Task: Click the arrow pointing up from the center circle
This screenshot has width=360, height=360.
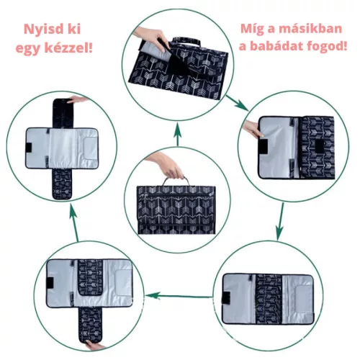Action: (x=177, y=134)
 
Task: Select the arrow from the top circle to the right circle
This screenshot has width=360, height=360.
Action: (x=237, y=103)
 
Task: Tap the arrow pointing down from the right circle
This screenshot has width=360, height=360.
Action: (x=280, y=221)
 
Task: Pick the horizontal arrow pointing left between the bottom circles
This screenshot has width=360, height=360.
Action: (x=179, y=296)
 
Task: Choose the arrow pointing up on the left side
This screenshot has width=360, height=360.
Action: (x=74, y=222)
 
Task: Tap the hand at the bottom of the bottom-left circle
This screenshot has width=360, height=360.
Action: (x=95, y=345)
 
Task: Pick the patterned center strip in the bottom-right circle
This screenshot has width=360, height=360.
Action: (x=269, y=299)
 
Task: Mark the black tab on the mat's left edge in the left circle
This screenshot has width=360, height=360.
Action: (x=29, y=148)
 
